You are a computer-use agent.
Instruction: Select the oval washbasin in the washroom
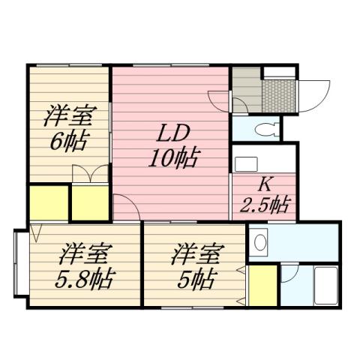coord(259,242)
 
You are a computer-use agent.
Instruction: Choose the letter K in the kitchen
coord(265,184)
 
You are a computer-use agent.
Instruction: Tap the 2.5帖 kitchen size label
coord(265,204)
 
